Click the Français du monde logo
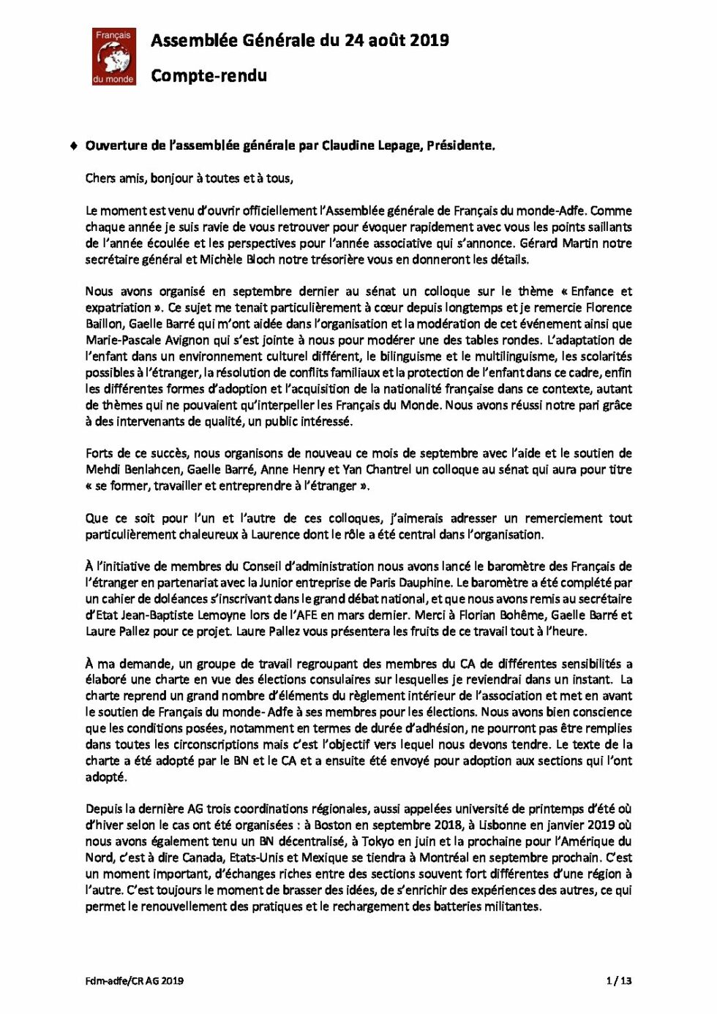[x=113, y=56]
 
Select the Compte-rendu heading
[x=209, y=75]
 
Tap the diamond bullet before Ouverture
[x=74, y=145]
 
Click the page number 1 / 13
[x=619, y=980]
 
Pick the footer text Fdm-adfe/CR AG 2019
[x=134, y=980]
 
